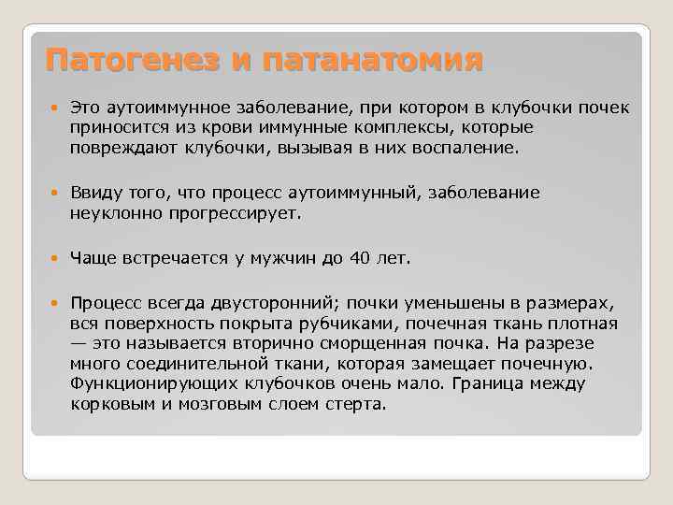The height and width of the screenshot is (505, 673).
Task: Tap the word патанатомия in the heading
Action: pyautogui.click(x=372, y=62)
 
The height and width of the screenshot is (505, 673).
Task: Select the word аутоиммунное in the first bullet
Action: pyautogui.click(x=156, y=108)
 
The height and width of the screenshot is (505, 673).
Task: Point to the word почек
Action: pyautogui.click(x=609, y=108)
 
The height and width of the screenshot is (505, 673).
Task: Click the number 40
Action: pyautogui.click(x=360, y=257)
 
